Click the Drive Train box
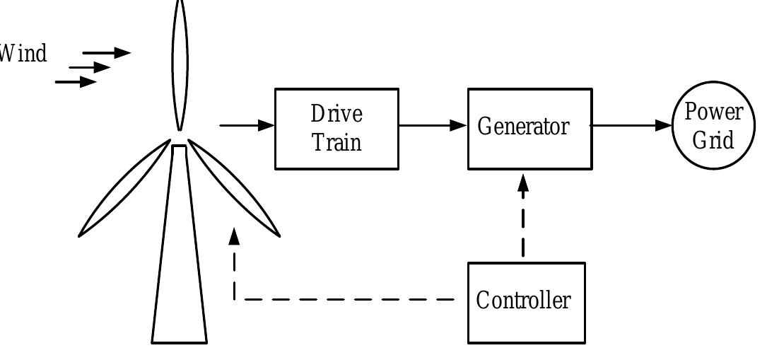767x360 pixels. coord(336,129)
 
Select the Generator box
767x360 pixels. coord(529,129)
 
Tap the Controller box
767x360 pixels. coord(526,302)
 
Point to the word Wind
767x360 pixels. coord(23,54)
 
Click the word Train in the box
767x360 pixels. coord(337,142)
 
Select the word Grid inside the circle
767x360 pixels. coord(713,139)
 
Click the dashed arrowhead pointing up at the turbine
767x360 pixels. coord(235,236)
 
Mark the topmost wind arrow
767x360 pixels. coord(107,52)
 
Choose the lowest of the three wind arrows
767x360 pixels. coord(76,82)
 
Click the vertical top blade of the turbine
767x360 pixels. coord(180,64)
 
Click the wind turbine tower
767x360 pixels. coord(180,269)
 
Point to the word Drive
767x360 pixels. coord(336,114)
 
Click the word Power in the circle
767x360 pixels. coord(713,112)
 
